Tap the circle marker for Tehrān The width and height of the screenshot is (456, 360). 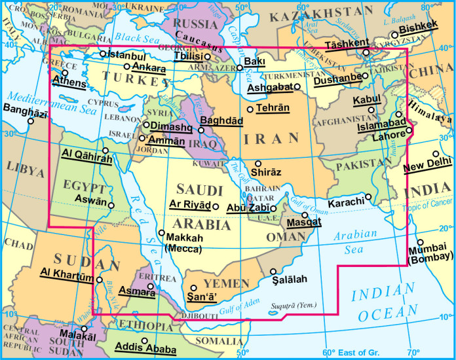click(x=250, y=109)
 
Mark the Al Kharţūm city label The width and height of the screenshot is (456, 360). click(x=66, y=272)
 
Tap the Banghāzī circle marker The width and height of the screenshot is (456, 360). click(x=12, y=121)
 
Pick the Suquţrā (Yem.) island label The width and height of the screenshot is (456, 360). click(x=293, y=305)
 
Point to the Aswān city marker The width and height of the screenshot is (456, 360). click(x=111, y=206)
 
